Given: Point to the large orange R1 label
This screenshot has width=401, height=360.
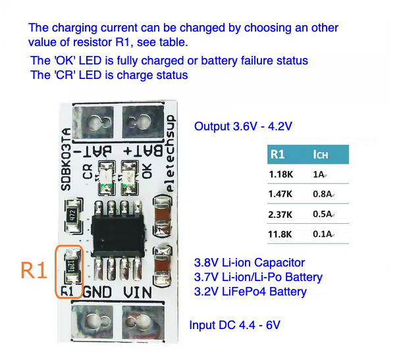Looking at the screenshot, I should pos(34,271).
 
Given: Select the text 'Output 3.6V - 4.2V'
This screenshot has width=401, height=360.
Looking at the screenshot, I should pos(243,126).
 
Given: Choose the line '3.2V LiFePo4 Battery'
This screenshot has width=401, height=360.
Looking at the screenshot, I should pos(250,291).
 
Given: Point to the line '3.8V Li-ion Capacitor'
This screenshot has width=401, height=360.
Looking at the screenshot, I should pos(250,263).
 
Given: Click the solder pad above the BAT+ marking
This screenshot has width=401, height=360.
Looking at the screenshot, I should pos(140,122).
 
